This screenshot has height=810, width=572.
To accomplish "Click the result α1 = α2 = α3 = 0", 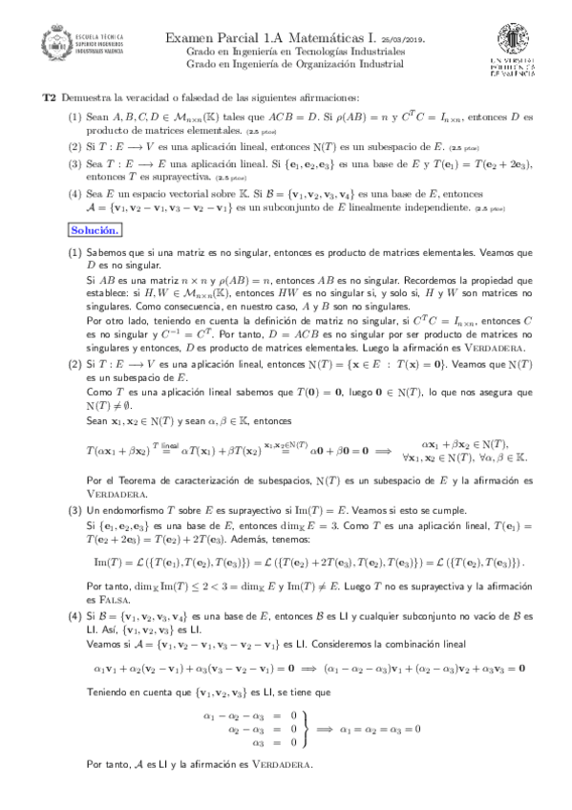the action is point(377,727).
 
